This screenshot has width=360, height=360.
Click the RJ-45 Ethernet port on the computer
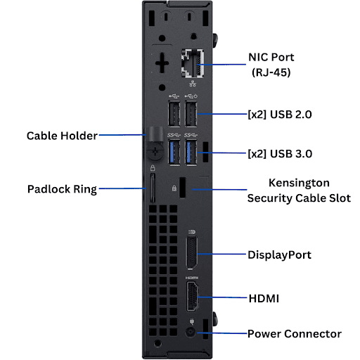tap(193, 63)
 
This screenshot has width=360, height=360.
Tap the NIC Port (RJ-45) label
tap(271, 65)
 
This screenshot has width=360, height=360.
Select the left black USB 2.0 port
tap(174, 114)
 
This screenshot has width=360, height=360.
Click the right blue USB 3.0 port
tap(191, 153)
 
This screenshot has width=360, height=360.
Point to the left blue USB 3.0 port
tap(174, 153)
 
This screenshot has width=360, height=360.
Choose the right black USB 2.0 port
tap(191, 114)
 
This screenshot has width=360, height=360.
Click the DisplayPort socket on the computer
tap(191, 253)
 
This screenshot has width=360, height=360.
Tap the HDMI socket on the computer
tap(192, 297)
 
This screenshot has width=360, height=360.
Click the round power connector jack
tap(191, 333)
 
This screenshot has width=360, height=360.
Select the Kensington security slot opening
tap(182, 188)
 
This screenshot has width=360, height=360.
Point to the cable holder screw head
tap(155, 152)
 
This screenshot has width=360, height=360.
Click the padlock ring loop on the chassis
tap(153, 188)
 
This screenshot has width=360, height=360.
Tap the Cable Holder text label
tap(62, 136)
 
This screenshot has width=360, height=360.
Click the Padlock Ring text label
tap(62, 189)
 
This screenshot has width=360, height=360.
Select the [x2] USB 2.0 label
tap(280, 115)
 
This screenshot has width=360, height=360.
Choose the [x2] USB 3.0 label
tap(280, 154)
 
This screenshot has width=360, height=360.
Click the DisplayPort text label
tap(279, 255)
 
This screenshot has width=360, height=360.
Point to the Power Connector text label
tap(295, 334)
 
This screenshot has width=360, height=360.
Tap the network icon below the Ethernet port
tap(193, 84)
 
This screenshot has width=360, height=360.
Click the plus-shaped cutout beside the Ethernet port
tap(162, 63)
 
